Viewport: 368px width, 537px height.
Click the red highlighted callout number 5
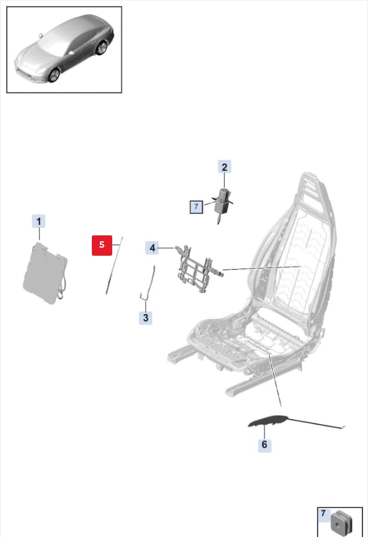click(x=102, y=245)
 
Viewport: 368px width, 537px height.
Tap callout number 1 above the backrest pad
click(x=39, y=221)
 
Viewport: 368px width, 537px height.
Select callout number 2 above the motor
click(x=224, y=167)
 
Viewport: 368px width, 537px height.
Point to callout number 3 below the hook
click(x=145, y=317)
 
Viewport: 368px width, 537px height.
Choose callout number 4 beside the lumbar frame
click(x=152, y=248)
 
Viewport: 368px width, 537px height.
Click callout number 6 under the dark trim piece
click(x=265, y=445)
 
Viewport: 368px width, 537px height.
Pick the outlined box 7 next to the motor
click(x=196, y=207)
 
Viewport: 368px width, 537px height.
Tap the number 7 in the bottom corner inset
click(x=323, y=513)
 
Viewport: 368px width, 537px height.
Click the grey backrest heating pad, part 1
click(x=45, y=273)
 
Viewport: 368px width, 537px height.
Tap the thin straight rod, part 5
click(x=114, y=266)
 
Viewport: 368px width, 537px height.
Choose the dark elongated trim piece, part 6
click(x=267, y=421)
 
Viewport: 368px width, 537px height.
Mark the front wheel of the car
click(x=54, y=75)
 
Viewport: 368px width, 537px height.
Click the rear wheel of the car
click(x=101, y=48)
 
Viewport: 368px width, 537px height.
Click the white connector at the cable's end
click(x=344, y=427)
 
